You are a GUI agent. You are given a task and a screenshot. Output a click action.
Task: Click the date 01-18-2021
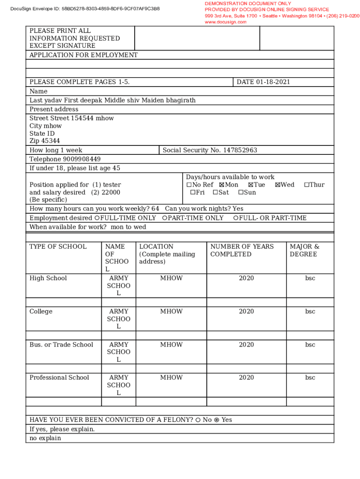coord(273,82)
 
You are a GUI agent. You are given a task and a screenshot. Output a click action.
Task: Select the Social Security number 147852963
coord(240,150)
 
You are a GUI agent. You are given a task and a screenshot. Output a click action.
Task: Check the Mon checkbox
coord(222,185)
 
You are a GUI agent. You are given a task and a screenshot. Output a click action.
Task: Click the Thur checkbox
coord(306,185)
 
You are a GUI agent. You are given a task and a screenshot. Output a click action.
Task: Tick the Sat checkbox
coord(215,192)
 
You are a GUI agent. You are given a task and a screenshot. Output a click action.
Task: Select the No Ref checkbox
coord(188,185)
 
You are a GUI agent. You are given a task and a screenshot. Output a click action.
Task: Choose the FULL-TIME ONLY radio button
coord(97,218)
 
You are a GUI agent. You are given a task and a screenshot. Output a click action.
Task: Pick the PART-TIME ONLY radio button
coord(165,218)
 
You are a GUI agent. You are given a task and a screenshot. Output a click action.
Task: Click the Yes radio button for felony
coord(216,420)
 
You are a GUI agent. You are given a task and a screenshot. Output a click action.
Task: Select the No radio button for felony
coord(198,420)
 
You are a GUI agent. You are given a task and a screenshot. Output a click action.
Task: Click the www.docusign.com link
coord(225,22)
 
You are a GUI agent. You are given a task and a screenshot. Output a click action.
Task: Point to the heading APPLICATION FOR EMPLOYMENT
coord(84,55)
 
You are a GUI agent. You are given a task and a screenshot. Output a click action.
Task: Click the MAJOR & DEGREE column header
coord(304,250)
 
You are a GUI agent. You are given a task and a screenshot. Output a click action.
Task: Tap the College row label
coord(41,312)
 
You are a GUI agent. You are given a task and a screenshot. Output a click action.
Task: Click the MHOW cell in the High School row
coord(171,278)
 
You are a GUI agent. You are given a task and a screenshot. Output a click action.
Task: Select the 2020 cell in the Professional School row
coord(246,377)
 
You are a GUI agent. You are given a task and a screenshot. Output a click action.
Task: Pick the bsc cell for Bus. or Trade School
coord(310,345)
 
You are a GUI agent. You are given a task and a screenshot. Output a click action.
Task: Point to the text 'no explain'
coord(45,438)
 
